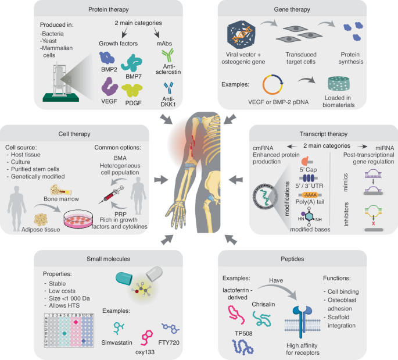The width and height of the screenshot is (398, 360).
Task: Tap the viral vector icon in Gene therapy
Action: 240,33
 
